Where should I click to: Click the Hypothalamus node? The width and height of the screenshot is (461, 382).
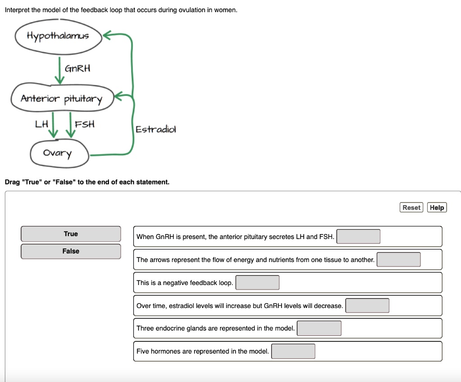(58, 36)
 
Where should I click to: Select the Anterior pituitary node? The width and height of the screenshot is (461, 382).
(62, 98)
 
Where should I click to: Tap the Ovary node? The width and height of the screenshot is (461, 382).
(57, 153)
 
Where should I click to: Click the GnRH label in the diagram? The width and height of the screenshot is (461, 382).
(78, 69)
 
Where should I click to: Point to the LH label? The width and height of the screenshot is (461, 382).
(41, 124)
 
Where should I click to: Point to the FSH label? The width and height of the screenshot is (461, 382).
(85, 124)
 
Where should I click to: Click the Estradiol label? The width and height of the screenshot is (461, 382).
(156, 129)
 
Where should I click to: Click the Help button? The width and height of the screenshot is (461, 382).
(437, 207)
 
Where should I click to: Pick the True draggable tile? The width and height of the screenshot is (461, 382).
(71, 234)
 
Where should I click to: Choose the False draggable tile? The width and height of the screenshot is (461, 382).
(71, 251)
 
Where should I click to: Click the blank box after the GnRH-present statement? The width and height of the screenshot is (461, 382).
(358, 236)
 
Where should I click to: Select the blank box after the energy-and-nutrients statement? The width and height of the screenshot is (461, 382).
(398, 259)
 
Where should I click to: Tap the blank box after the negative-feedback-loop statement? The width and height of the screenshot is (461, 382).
(258, 282)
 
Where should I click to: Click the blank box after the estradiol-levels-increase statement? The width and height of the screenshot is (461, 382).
(367, 305)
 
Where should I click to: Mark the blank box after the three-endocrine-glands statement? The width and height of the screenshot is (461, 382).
(319, 328)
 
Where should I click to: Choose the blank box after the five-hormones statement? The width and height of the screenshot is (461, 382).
(293, 351)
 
